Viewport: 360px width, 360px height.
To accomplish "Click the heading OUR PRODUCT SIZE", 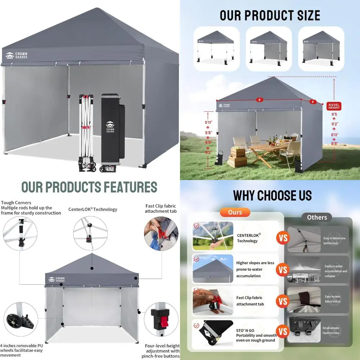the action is (x=270, y=15).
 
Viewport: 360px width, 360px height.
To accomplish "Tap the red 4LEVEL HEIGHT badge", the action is (x=334, y=106).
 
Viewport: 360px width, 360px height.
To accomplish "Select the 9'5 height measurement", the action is (x=334, y=115).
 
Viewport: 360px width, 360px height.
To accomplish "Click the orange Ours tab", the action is (x=235, y=212).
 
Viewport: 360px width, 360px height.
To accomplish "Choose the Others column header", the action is (x=317, y=217).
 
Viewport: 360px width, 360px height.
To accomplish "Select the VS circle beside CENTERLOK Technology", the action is (x=283, y=238).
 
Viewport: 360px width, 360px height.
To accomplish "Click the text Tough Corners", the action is (x=16, y=203).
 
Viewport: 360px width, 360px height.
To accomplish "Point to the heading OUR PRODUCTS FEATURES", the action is (x=89, y=188).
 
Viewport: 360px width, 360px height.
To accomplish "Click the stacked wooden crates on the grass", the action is (x=238, y=157).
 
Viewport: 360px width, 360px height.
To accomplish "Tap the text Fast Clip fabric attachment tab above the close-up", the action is (x=161, y=208).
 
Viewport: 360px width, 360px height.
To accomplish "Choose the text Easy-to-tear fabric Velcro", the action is (x=332, y=299).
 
